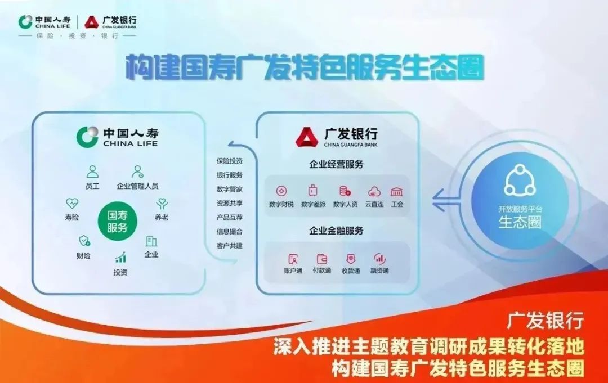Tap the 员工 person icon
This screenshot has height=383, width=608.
point(92,172)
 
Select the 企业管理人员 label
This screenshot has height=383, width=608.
point(137,186)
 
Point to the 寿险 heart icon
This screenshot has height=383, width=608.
point(72,203)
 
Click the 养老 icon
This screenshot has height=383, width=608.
point(162,204)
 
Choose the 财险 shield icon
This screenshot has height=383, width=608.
point(84,241)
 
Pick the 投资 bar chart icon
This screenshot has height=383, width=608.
point(120,258)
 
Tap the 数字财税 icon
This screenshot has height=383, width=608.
point(281,191)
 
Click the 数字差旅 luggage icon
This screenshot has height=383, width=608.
point(313,191)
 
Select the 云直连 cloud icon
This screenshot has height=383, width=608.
point(374,191)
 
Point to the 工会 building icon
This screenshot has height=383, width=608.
point(397,191)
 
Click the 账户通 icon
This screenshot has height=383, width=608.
point(293,259)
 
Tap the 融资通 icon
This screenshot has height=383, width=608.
point(379,259)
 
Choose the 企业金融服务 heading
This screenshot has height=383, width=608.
point(336,231)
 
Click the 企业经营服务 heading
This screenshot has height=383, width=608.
point(336,165)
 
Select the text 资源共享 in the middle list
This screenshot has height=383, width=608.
point(230,203)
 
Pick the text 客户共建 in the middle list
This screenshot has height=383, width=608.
point(230,246)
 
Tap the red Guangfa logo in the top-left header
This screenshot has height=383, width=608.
point(92,22)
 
